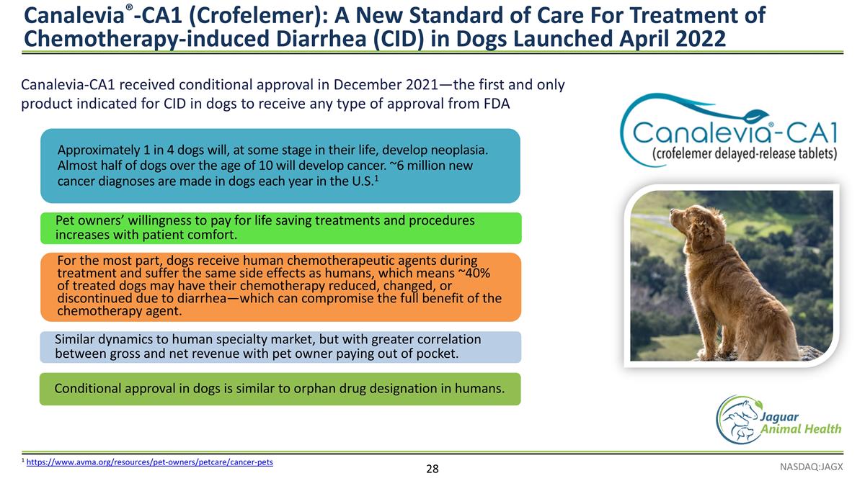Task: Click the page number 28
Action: (x=432, y=469)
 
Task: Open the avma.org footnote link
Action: (x=149, y=462)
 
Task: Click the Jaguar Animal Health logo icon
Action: (x=737, y=419)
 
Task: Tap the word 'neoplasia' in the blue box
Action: (x=459, y=150)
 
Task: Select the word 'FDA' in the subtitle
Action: (x=495, y=104)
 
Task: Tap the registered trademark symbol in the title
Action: (x=128, y=6)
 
